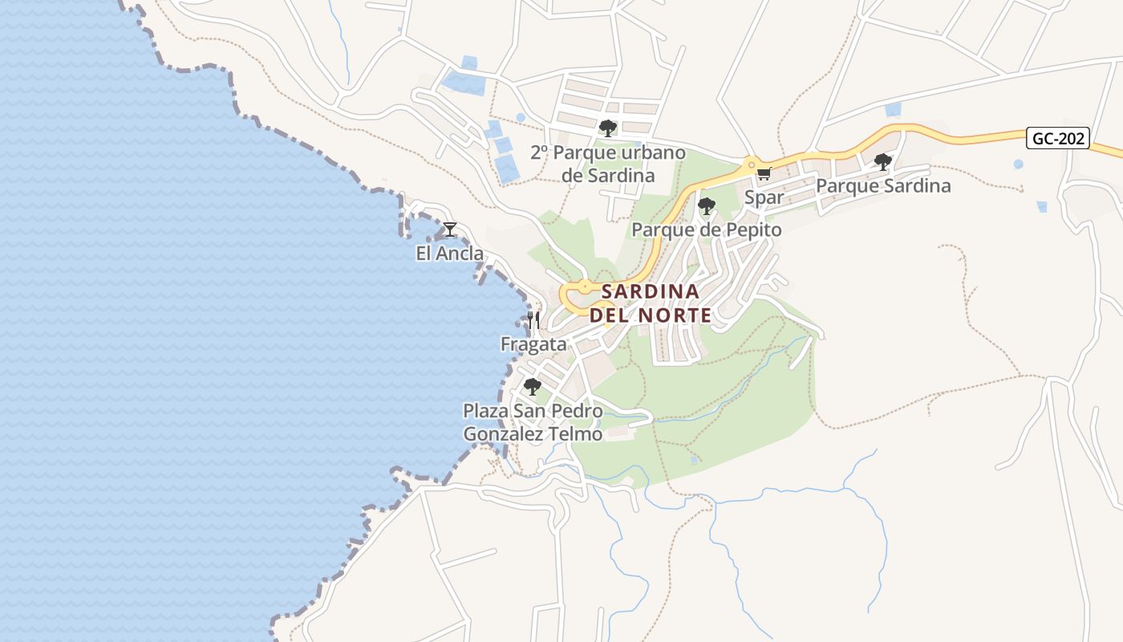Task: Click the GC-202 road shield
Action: [x=1058, y=138]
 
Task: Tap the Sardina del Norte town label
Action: [x=651, y=303]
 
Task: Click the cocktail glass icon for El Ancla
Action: [x=450, y=230]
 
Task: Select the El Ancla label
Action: [x=449, y=254]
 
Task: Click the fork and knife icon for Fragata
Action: [x=533, y=320]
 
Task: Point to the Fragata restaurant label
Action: [x=533, y=344]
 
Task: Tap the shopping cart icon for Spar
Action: [x=764, y=173]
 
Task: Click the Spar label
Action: [x=764, y=197]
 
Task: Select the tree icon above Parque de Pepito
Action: [x=706, y=206]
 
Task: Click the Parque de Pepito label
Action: [x=706, y=230]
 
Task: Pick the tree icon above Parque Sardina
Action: [x=883, y=162]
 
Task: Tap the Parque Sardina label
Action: [x=883, y=186]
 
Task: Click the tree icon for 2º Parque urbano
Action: [x=607, y=128]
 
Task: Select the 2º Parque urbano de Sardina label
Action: [x=608, y=164]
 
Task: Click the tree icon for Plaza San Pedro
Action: [x=532, y=387]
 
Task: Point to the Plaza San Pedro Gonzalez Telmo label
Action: [x=533, y=422]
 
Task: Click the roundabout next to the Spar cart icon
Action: [x=752, y=165]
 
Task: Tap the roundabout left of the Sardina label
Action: [x=585, y=286]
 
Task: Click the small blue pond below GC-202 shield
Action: [x=1018, y=165]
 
